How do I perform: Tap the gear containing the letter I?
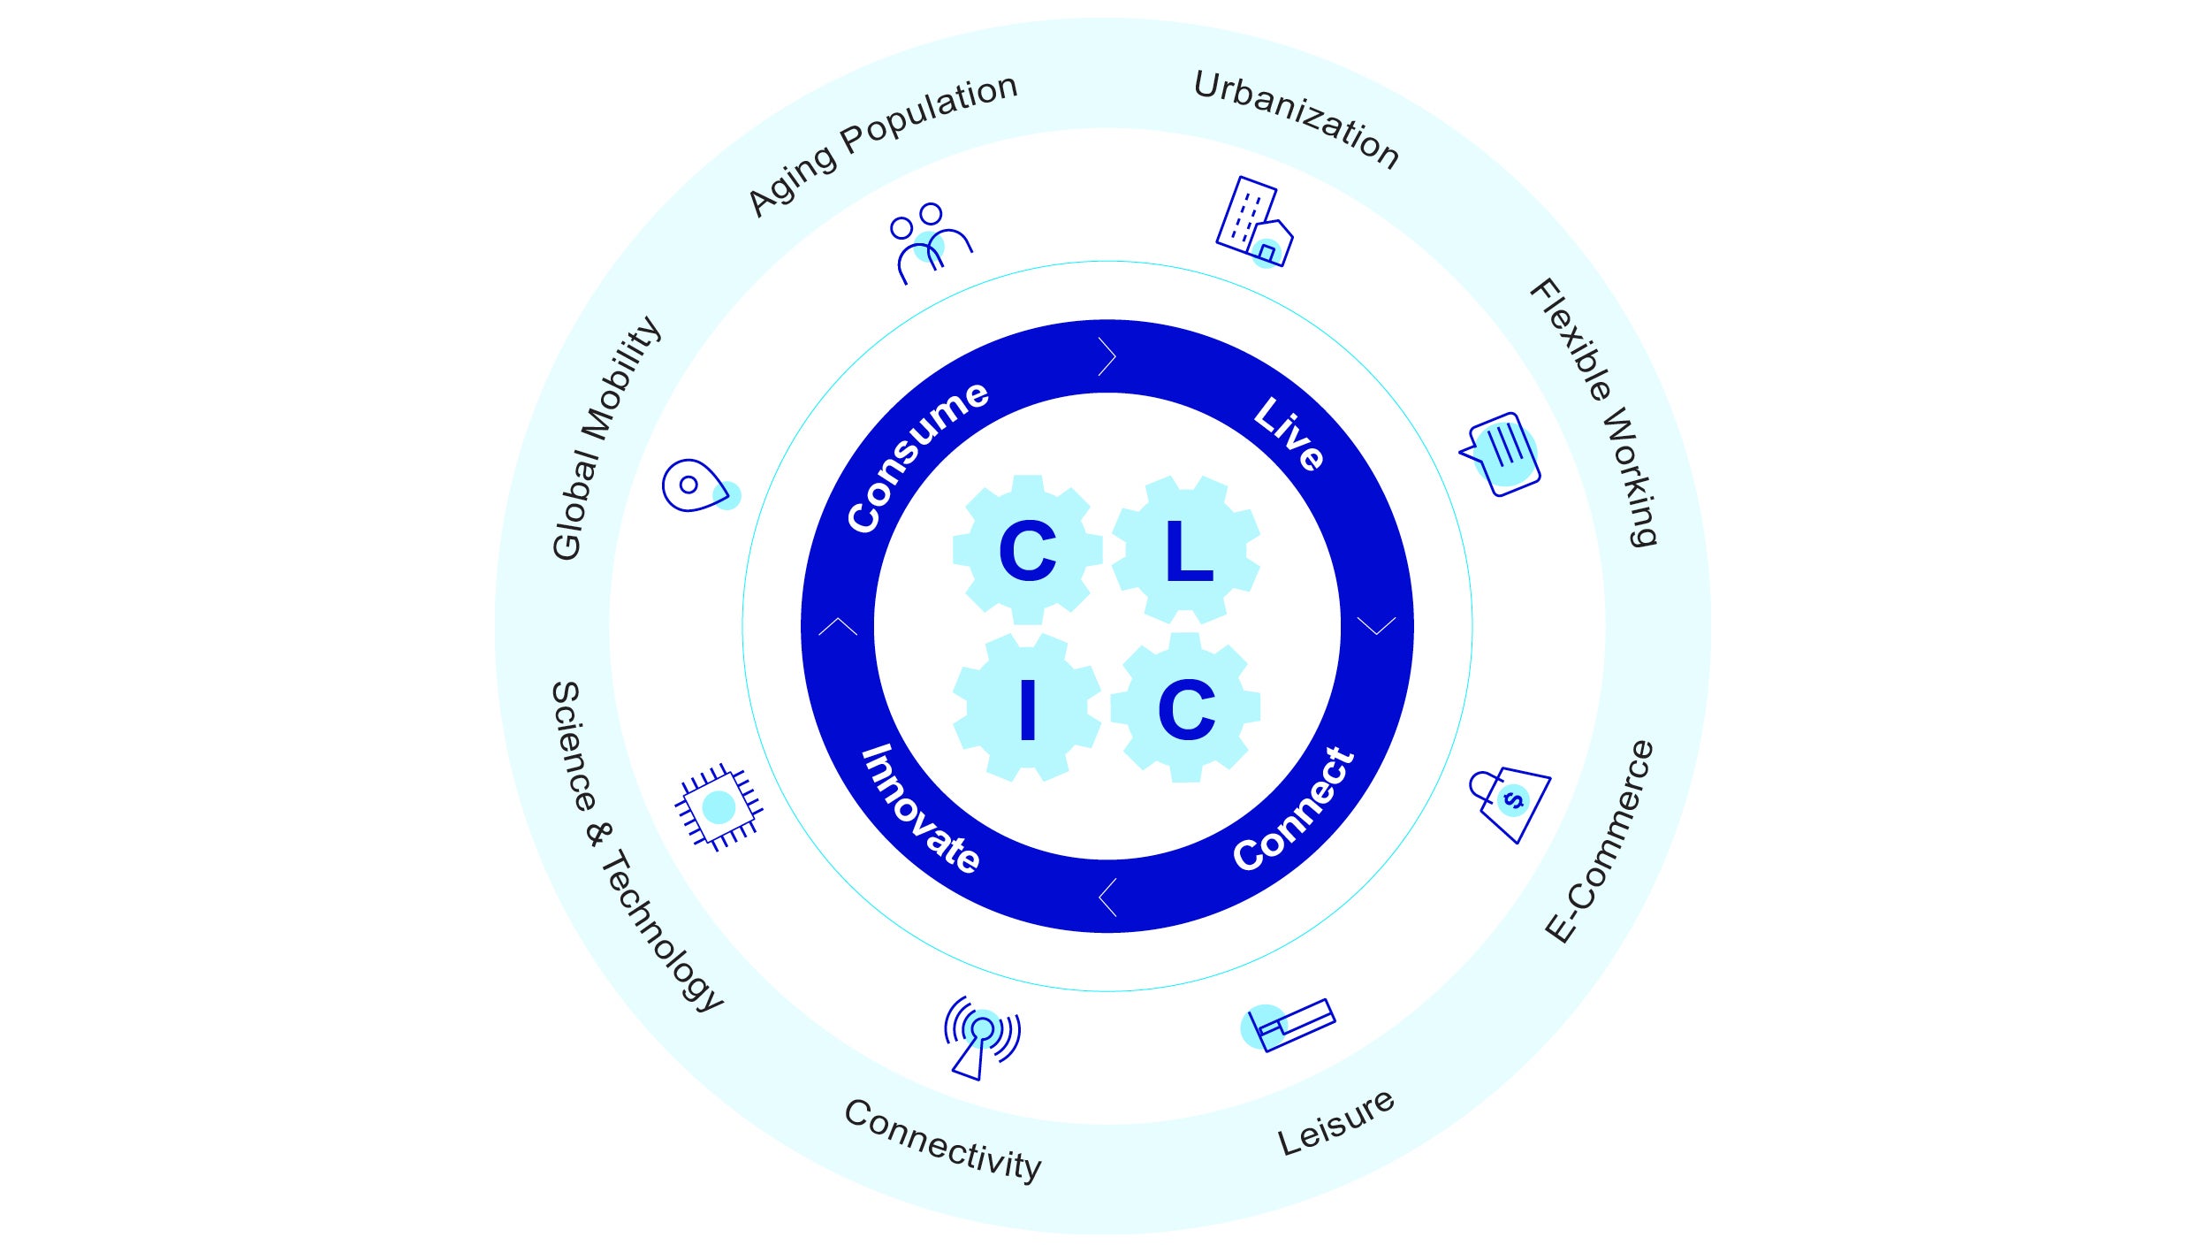[1027, 708]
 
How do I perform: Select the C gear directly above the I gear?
[1027, 550]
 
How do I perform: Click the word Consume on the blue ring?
[917, 456]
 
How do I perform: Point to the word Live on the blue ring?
[1289, 432]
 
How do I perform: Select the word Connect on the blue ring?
[1294, 809]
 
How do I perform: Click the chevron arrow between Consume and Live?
[1107, 356]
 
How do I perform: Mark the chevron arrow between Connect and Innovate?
[1107, 897]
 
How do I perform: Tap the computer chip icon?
[719, 806]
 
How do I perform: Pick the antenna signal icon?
[981, 1036]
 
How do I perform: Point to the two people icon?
[930, 242]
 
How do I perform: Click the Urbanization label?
[1296, 119]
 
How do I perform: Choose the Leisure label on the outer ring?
[1335, 1123]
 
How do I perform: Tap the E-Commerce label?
[1600, 841]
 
